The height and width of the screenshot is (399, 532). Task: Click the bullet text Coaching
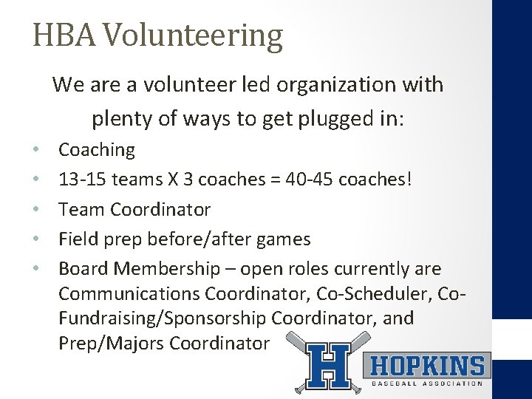(x=97, y=150)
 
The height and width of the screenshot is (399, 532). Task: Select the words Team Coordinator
(x=134, y=210)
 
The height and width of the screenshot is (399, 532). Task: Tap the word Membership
(x=175, y=269)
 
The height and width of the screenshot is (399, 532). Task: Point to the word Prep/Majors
(x=112, y=344)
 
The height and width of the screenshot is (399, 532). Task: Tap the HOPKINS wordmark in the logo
(x=426, y=366)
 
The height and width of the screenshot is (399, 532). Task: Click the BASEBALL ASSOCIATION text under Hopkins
(x=426, y=383)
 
